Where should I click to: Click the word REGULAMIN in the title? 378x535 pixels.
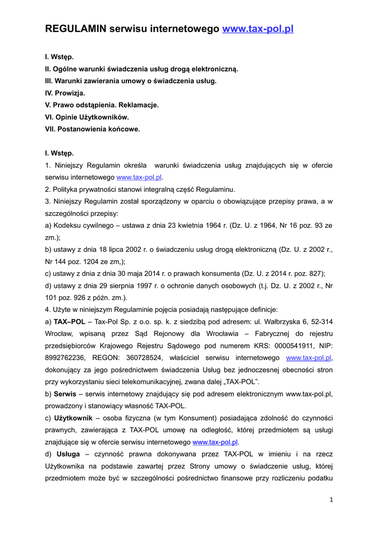76,29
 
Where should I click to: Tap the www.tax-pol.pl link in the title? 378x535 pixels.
258,29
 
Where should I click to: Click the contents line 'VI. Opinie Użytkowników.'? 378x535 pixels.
87,117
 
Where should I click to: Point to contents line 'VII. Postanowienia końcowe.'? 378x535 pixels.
92,129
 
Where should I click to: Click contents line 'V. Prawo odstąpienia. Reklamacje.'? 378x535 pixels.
102,105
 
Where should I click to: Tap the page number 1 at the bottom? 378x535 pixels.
331,499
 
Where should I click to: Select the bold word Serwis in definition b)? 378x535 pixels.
65,393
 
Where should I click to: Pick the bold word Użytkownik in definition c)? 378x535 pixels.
73,417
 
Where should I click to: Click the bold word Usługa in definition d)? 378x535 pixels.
68,453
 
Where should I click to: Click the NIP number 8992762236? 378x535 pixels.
64,357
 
